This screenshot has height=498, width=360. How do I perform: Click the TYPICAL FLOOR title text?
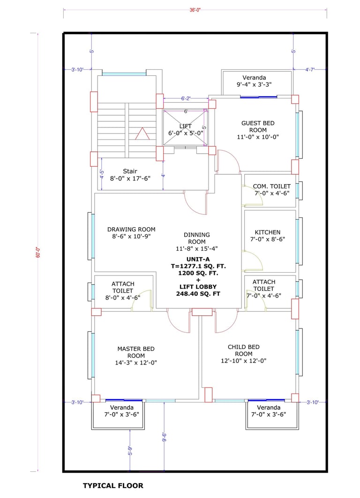point(113,486)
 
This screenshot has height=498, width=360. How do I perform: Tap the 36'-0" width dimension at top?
point(195,10)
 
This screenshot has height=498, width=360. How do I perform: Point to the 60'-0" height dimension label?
point(38,252)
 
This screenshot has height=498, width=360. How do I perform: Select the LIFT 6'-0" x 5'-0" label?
point(186,130)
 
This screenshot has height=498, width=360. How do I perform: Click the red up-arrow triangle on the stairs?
point(142,134)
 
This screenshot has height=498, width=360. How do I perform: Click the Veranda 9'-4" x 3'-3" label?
point(254,81)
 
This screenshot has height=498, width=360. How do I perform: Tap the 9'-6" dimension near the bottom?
point(164,437)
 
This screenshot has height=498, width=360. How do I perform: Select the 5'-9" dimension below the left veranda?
point(130,451)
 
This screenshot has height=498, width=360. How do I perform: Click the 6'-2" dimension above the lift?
point(186,98)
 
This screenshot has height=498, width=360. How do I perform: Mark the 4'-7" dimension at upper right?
point(310,69)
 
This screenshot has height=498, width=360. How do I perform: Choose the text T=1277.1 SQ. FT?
point(198,266)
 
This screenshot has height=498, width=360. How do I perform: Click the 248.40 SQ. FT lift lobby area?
point(198,294)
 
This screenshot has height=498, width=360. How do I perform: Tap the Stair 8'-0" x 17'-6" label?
point(130,175)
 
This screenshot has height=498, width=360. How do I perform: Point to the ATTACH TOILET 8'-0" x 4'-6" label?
point(123,290)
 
